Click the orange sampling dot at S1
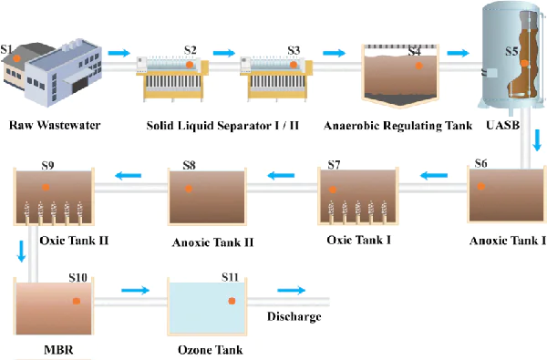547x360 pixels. coord(15,58)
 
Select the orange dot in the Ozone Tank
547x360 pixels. coord(232,300)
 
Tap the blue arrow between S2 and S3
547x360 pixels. coord(224,52)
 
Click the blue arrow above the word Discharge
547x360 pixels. coord(292,291)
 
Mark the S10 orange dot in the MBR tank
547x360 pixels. coord(77,300)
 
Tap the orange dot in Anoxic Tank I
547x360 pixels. coord(481,186)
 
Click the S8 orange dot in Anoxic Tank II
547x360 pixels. coord(189,189)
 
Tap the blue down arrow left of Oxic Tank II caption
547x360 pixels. coord(21,252)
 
